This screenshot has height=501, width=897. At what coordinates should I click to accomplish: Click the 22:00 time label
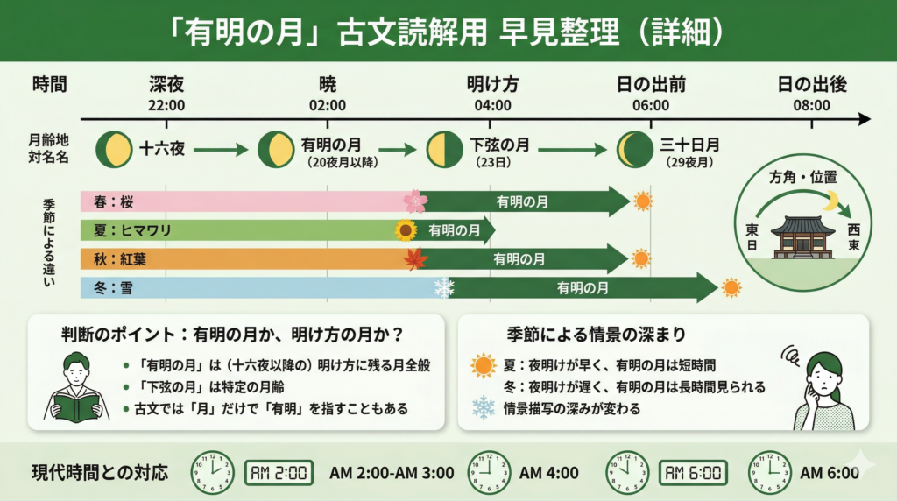(x=166, y=105)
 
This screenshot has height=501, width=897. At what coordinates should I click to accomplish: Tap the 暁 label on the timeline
(x=328, y=85)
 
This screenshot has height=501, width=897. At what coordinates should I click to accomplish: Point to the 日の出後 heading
(x=812, y=85)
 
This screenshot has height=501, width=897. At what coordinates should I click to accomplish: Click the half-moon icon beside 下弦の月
(x=443, y=150)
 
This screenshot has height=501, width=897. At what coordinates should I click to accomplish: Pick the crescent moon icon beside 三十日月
(x=633, y=150)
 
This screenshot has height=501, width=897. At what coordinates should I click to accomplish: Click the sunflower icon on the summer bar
(x=405, y=231)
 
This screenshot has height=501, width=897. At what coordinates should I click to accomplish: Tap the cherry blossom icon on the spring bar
(x=414, y=201)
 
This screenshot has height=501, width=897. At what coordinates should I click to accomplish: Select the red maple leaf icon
(x=414, y=259)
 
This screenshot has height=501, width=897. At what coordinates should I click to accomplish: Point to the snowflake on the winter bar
(x=444, y=287)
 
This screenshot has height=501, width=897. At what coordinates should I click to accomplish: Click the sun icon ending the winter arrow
(x=731, y=288)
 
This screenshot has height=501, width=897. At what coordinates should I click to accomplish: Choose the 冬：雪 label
(x=111, y=287)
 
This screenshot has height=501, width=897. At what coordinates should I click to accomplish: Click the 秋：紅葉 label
(x=118, y=259)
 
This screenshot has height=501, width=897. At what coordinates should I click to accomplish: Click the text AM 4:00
(x=549, y=473)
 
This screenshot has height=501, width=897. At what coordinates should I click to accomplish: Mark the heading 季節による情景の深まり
(x=596, y=334)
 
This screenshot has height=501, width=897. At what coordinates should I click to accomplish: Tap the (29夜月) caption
(x=687, y=163)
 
